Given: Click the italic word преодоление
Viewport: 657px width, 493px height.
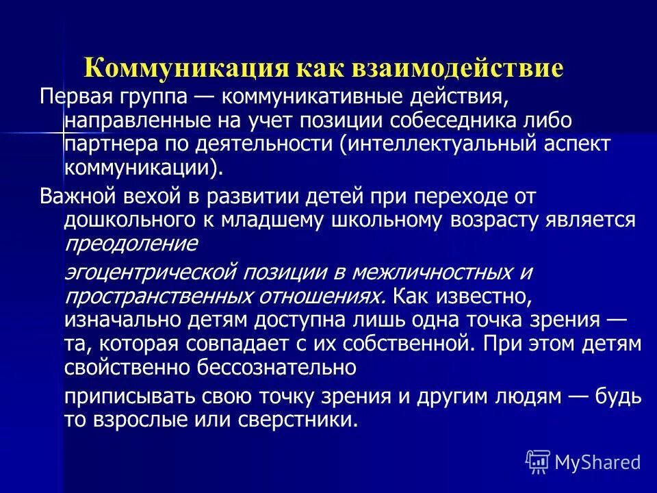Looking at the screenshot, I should point(131,244).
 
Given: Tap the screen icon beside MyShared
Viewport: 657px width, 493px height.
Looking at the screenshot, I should point(538,462).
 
